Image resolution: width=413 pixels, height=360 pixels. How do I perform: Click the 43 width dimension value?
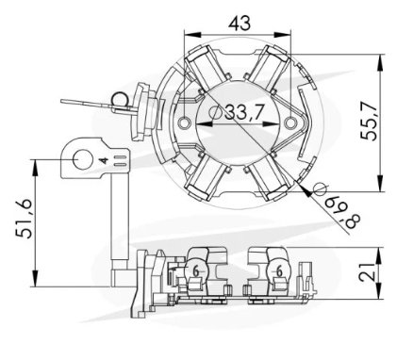[x=240, y=23]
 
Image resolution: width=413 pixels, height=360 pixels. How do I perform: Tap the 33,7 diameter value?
[x=243, y=112]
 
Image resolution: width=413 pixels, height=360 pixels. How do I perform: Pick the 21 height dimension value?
[x=368, y=272]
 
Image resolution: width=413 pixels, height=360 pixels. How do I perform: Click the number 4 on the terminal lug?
[x=104, y=160]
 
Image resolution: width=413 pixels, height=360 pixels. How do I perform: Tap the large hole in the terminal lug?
[x=83, y=160]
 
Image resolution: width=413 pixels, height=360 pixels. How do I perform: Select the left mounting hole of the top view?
[x=184, y=123]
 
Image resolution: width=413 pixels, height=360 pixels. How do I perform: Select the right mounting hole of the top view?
[x=291, y=123]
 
